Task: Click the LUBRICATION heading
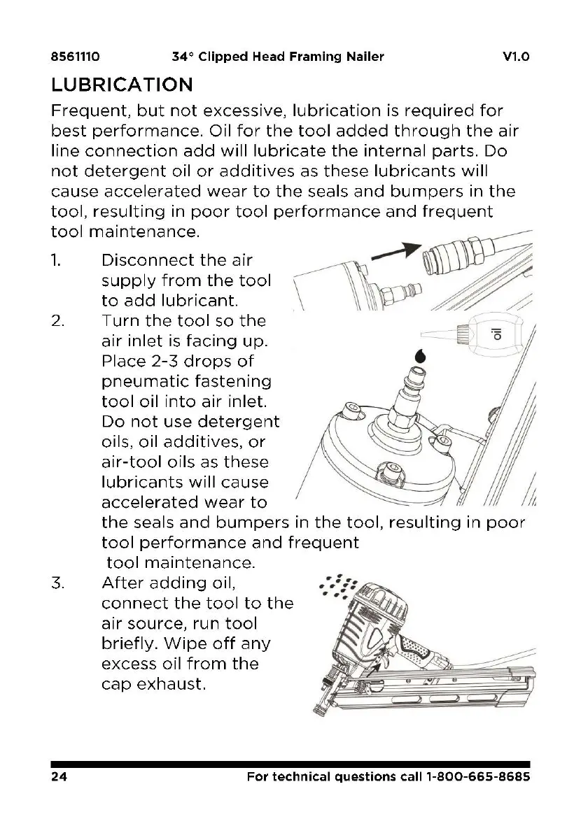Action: [122, 85]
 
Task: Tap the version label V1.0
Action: [515, 57]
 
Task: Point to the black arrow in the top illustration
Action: [395, 253]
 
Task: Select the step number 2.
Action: [57, 322]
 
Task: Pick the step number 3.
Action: [57, 583]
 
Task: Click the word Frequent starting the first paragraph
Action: [89, 111]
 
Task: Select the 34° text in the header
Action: [183, 57]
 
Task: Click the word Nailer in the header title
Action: [365, 57]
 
